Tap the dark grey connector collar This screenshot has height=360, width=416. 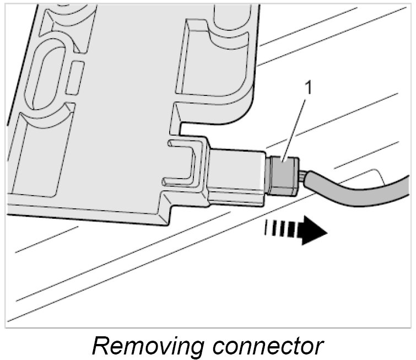[283, 174]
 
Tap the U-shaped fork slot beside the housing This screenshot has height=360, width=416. [185, 160]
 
